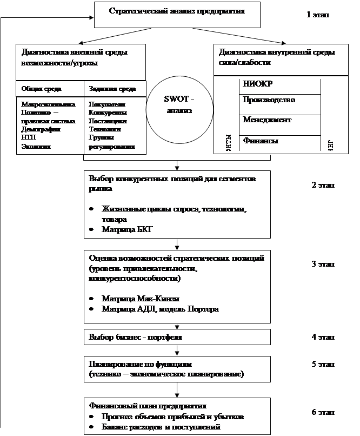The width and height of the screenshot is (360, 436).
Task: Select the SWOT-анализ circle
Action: coord(178,105)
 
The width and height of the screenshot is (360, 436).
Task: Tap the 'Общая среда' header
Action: coord(41,88)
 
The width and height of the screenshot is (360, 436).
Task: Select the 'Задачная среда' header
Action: coord(112,88)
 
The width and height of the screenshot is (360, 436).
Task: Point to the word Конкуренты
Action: coord(108,113)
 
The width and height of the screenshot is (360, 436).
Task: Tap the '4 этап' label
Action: coord(323,337)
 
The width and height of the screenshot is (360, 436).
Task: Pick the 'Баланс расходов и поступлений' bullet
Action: coord(161,426)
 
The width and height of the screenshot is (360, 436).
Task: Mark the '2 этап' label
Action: coord(323,186)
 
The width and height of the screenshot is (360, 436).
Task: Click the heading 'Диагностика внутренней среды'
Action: coord(277,52)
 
